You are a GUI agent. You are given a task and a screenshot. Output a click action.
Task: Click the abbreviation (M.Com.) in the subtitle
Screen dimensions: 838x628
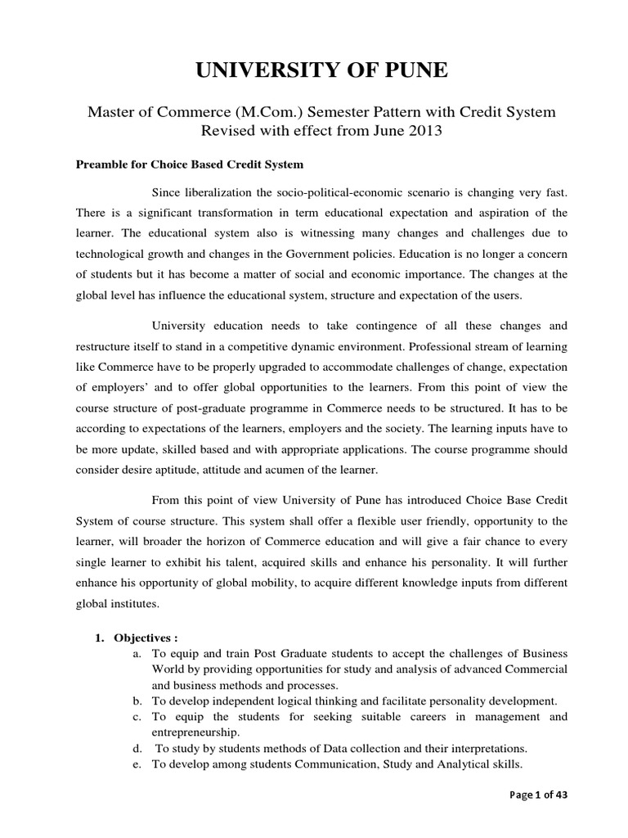pos(249,111)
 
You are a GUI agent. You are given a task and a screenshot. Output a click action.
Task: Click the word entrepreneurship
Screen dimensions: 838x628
pos(196,732)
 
